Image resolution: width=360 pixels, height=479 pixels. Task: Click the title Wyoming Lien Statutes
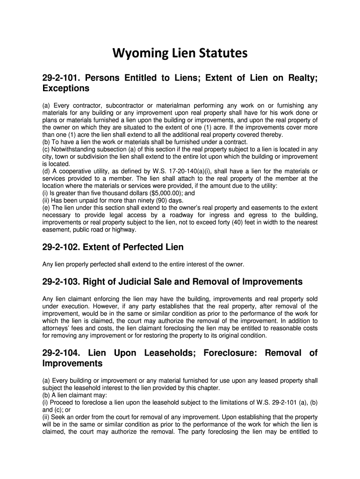180,54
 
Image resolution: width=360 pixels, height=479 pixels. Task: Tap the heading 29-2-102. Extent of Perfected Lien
113,247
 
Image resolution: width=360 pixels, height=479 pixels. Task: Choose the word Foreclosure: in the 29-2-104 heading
229,353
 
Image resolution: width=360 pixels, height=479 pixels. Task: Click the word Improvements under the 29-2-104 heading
72,363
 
